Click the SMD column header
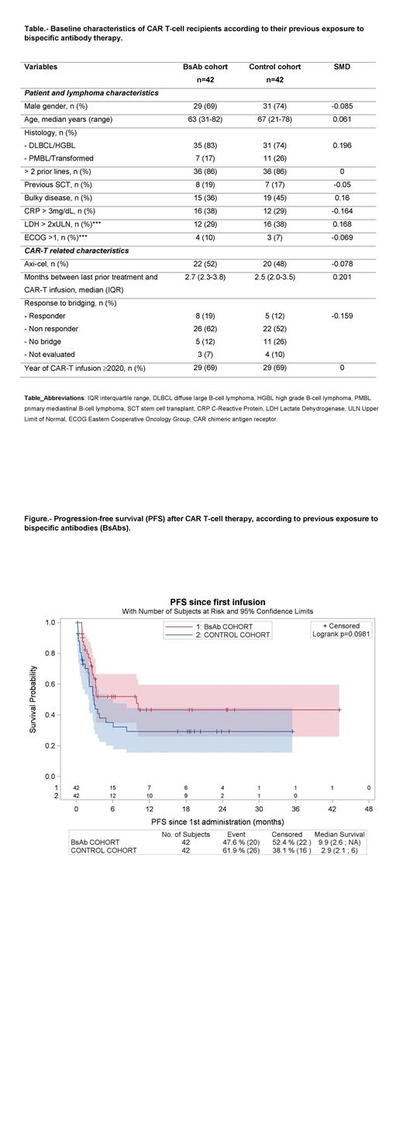pyautogui.click(x=341, y=67)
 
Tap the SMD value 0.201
pyautogui.click(x=341, y=277)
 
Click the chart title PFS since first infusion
pyautogui.click(x=217, y=602)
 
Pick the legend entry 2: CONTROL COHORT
pyautogui.click(x=236, y=634)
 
